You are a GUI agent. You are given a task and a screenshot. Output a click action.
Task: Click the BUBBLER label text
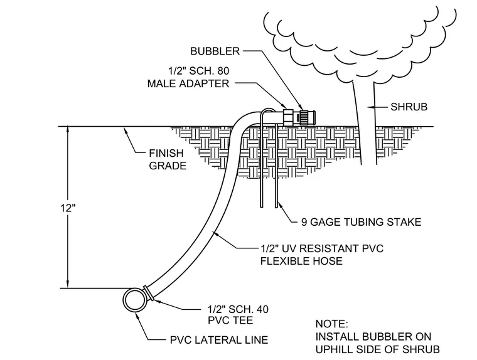pyautogui.click(x=215, y=51)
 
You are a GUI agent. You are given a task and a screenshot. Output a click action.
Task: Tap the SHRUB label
pyautogui.click(x=409, y=107)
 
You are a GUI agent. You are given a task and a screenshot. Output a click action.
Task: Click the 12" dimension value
pyautogui.click(x=68, y=208)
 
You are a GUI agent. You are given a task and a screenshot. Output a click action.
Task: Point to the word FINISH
pyautogui.click(x=166, y=153)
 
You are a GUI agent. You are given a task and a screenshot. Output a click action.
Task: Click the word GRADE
pyautogui.click(x=168, y=166)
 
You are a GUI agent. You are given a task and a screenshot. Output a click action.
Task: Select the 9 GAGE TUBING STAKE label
pyautogui.click(x=361, y=222)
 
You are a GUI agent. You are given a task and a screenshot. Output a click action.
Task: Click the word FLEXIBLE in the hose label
pyautogui.click(x=284, y=261)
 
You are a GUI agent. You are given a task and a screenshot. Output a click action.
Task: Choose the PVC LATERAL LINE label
pyautogui.click(x=219, y=340)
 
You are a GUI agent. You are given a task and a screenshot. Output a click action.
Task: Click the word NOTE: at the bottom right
pyautogui.click(x=331, y=324)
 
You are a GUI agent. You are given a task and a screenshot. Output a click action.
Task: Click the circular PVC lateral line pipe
pyautogui.click(x=134, y=300)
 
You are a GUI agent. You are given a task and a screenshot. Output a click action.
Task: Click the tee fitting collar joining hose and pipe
pyautogui.click(x=148, y=292)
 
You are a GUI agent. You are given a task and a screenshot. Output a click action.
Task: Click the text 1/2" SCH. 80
pyautogui.click(x=199, y=71)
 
